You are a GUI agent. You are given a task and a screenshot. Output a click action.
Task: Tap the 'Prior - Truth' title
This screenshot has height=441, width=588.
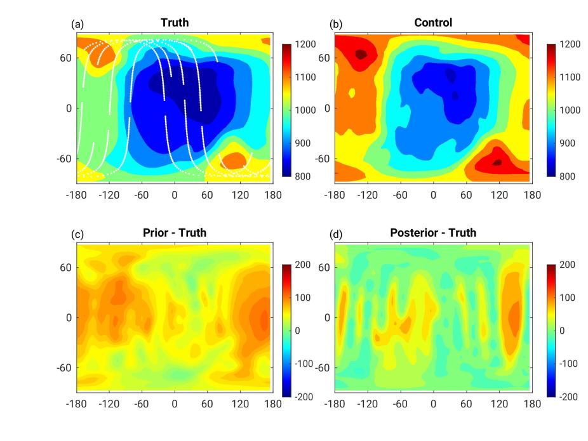coord(175,233)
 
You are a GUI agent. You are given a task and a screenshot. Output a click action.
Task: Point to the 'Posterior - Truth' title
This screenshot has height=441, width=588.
coord(433,233)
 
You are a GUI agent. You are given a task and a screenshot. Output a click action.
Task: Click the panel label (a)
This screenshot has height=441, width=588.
coord(77,24)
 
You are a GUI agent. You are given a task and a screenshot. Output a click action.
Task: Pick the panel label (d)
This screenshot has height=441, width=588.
coord(335,234)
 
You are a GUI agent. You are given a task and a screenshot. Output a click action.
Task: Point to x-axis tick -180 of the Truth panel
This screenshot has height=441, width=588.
coord(77,195)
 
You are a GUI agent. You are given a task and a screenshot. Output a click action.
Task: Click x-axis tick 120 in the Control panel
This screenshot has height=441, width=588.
coord(499,195)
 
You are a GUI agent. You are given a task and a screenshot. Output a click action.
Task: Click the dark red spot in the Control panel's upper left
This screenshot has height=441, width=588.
coord(361,55)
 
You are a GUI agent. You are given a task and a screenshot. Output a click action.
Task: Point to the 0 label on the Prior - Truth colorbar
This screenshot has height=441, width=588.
coord(298,331)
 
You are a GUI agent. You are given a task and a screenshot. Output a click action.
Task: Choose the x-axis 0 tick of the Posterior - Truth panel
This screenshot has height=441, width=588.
coord(433,404)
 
